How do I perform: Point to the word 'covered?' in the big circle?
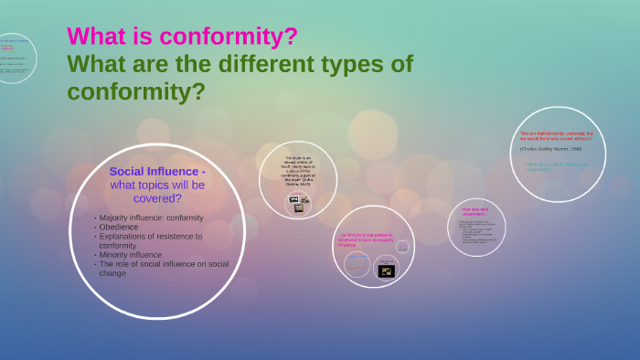point(157,198)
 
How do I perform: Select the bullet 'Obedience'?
point(119,227)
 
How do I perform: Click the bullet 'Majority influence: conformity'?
point(151,217)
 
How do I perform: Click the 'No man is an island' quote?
point(299,173)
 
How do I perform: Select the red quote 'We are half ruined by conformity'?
point(557,135)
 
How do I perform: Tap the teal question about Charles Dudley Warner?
point(557,166)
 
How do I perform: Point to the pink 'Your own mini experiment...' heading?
point(476,211)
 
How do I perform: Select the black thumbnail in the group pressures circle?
point(386,270)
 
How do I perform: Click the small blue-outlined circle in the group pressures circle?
point(357,264)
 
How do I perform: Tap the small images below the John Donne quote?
point(299,203)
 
